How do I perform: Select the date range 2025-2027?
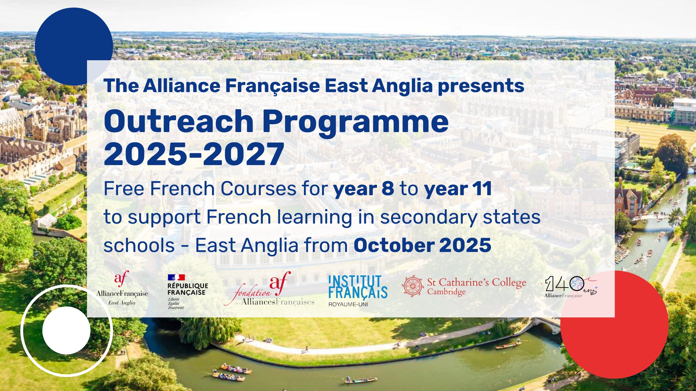point(194,154)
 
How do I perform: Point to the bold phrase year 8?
point(364,189)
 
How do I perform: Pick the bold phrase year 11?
point(458,189)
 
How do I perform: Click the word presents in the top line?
point(481,86)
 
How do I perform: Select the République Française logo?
point(188,292)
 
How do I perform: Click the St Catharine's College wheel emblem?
point(413,286)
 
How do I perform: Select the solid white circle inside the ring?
point(66,330)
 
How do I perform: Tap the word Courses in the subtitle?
point(258,189)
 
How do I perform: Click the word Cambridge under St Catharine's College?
point(446,292)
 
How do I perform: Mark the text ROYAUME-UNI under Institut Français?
point(348,304)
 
